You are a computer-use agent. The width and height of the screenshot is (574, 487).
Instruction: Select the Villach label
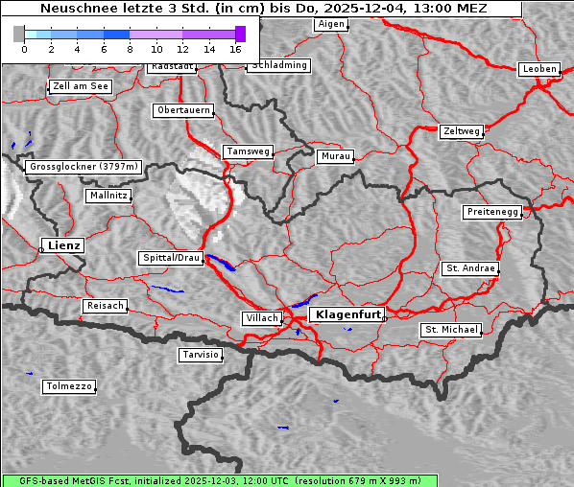click(262, 318)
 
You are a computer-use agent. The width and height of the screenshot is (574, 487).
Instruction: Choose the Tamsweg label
click(249, 151)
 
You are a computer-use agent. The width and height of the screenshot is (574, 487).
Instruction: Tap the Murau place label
click(336, 155)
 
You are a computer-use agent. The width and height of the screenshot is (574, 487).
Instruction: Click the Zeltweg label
click(461, 130)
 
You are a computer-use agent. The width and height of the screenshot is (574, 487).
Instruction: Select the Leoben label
click(538, 69)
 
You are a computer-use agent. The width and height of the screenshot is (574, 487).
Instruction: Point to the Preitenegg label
click(492, 212)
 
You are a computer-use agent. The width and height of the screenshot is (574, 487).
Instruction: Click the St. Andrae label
click(470, 268)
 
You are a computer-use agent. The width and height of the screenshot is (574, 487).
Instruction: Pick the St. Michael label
click(451, 330)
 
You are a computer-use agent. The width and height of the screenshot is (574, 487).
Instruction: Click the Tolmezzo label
click(69, 387)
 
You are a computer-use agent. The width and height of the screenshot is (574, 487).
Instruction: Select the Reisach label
click(106, 306)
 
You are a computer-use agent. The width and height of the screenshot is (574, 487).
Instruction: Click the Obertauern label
click(183, 110)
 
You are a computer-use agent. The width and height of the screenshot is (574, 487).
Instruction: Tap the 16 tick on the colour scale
click(235, 48)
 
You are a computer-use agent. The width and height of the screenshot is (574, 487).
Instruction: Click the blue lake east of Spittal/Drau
click(220, 263)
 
